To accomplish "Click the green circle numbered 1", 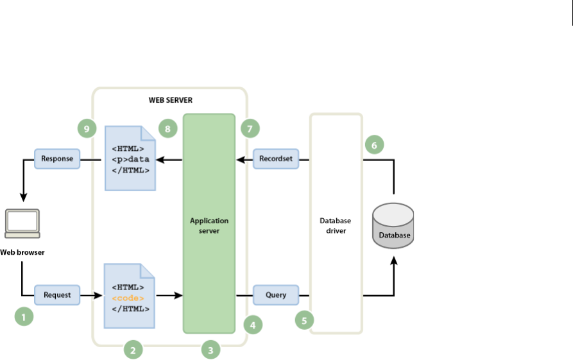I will click(x=24, y=316).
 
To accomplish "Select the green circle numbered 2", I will click(x=133, y=350).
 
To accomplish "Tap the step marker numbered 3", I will click(x=210, y=350).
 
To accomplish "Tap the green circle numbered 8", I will click(x=168, y=129).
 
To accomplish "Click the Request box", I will click(x=57, y=295).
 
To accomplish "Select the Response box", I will click(x=57, y=158).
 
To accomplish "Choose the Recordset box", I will click(x=277, y=158).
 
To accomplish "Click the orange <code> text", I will click(x=128, y=298).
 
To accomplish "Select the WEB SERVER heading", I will click(x=170, y=101).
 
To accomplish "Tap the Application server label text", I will click(x=209, y=225).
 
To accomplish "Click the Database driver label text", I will click(x=336, y=225).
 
